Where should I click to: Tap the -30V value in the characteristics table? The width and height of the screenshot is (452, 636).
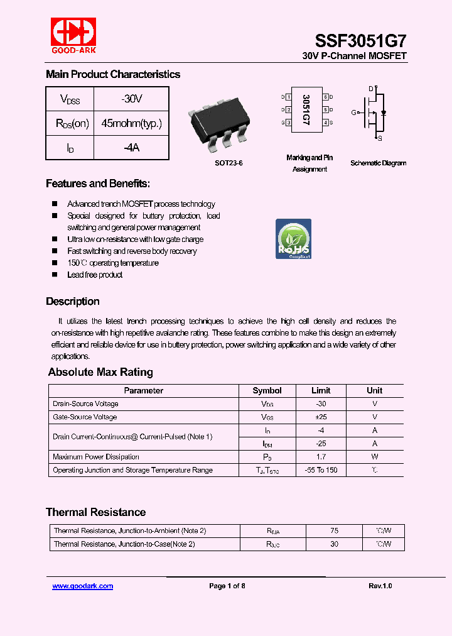pyautogui.click(x=131, y=99)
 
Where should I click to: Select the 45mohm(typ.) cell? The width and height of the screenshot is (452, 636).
pyautogui.click(x=131, y=124)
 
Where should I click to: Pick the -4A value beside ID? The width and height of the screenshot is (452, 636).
pyautogui.click(x=131, y=148)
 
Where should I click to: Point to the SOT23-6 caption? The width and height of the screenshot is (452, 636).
pyautogui.click(x=228, y=163)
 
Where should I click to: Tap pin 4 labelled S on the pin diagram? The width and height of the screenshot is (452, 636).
pyautogui.click(x=326, y=123)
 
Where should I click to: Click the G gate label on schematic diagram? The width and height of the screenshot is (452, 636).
pyautogui.click(x=354, y=112)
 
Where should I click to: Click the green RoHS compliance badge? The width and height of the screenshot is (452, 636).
pyautogui.click(x=293, y=239)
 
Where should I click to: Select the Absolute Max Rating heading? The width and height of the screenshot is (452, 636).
pyautogui.click(x=100, y=372)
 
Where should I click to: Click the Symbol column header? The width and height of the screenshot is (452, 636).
pyautogui.click(x=267, y=390)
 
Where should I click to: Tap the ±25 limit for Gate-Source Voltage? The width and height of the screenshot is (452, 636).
pyautogui.click(x=321, y=417)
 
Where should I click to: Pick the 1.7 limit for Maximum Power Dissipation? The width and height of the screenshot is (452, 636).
pyautogui.click(x=321, y=457)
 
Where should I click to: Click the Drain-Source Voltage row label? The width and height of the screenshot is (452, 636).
pyautogui.click(x=85, y=404)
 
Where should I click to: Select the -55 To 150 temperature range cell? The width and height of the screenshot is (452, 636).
pyautogui.click(x=321, y=470)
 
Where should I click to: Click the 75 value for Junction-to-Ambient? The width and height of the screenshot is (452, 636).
pyautogui.click(x=334, y=531)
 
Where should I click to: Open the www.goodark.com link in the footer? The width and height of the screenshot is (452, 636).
pyautogui.click(x=82, y=586)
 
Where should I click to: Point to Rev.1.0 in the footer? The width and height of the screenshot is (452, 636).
pyautogui.click(x=380, y=586)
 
